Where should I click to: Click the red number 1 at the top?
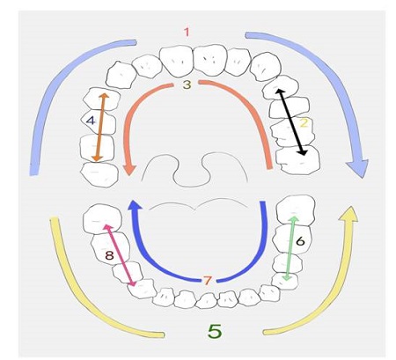(x=187, y=32)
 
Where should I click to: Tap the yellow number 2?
(x=304, y=123)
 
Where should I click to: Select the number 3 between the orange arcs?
(x=187, y=84)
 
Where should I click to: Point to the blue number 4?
(x=91, y=121)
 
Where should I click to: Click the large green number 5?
(x=215, y=331)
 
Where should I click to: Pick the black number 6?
(x=300, y=241)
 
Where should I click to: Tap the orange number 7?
(x=207, y=281)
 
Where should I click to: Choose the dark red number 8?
(x=109, y=255)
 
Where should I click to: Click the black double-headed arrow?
(x=291, y=122)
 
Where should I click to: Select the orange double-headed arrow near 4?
(x=100, y=128)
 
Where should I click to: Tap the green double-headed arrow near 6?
(x=290, y=248)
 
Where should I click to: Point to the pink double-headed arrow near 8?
(x=121, y=255)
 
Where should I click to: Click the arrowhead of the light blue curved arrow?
(x=357, y=168)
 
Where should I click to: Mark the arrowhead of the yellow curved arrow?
(x=349, y=214)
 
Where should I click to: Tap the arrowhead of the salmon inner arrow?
(x=129, y=170)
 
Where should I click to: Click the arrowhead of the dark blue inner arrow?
(x=135, y=205)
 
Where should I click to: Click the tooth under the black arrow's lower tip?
(x=297, y=160)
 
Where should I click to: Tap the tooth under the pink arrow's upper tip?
(x=102, y=218)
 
